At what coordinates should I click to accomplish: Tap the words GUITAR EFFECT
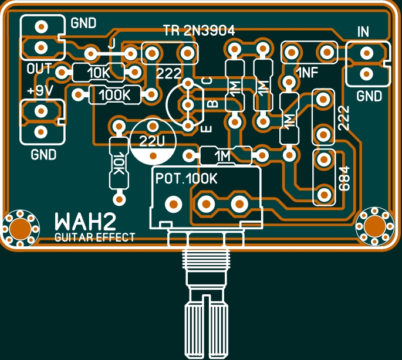pos(94,237)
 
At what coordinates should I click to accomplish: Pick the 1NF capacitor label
pos(309,73)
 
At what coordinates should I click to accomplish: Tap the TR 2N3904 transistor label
pos(199,31)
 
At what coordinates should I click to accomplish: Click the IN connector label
pos(364,32)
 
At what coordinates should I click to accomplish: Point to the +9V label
pos(40,91)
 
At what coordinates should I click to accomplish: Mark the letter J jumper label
pos(111,42)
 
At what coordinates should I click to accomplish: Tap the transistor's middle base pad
pos(188,105)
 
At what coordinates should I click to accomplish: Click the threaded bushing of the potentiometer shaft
pos(203,270)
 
